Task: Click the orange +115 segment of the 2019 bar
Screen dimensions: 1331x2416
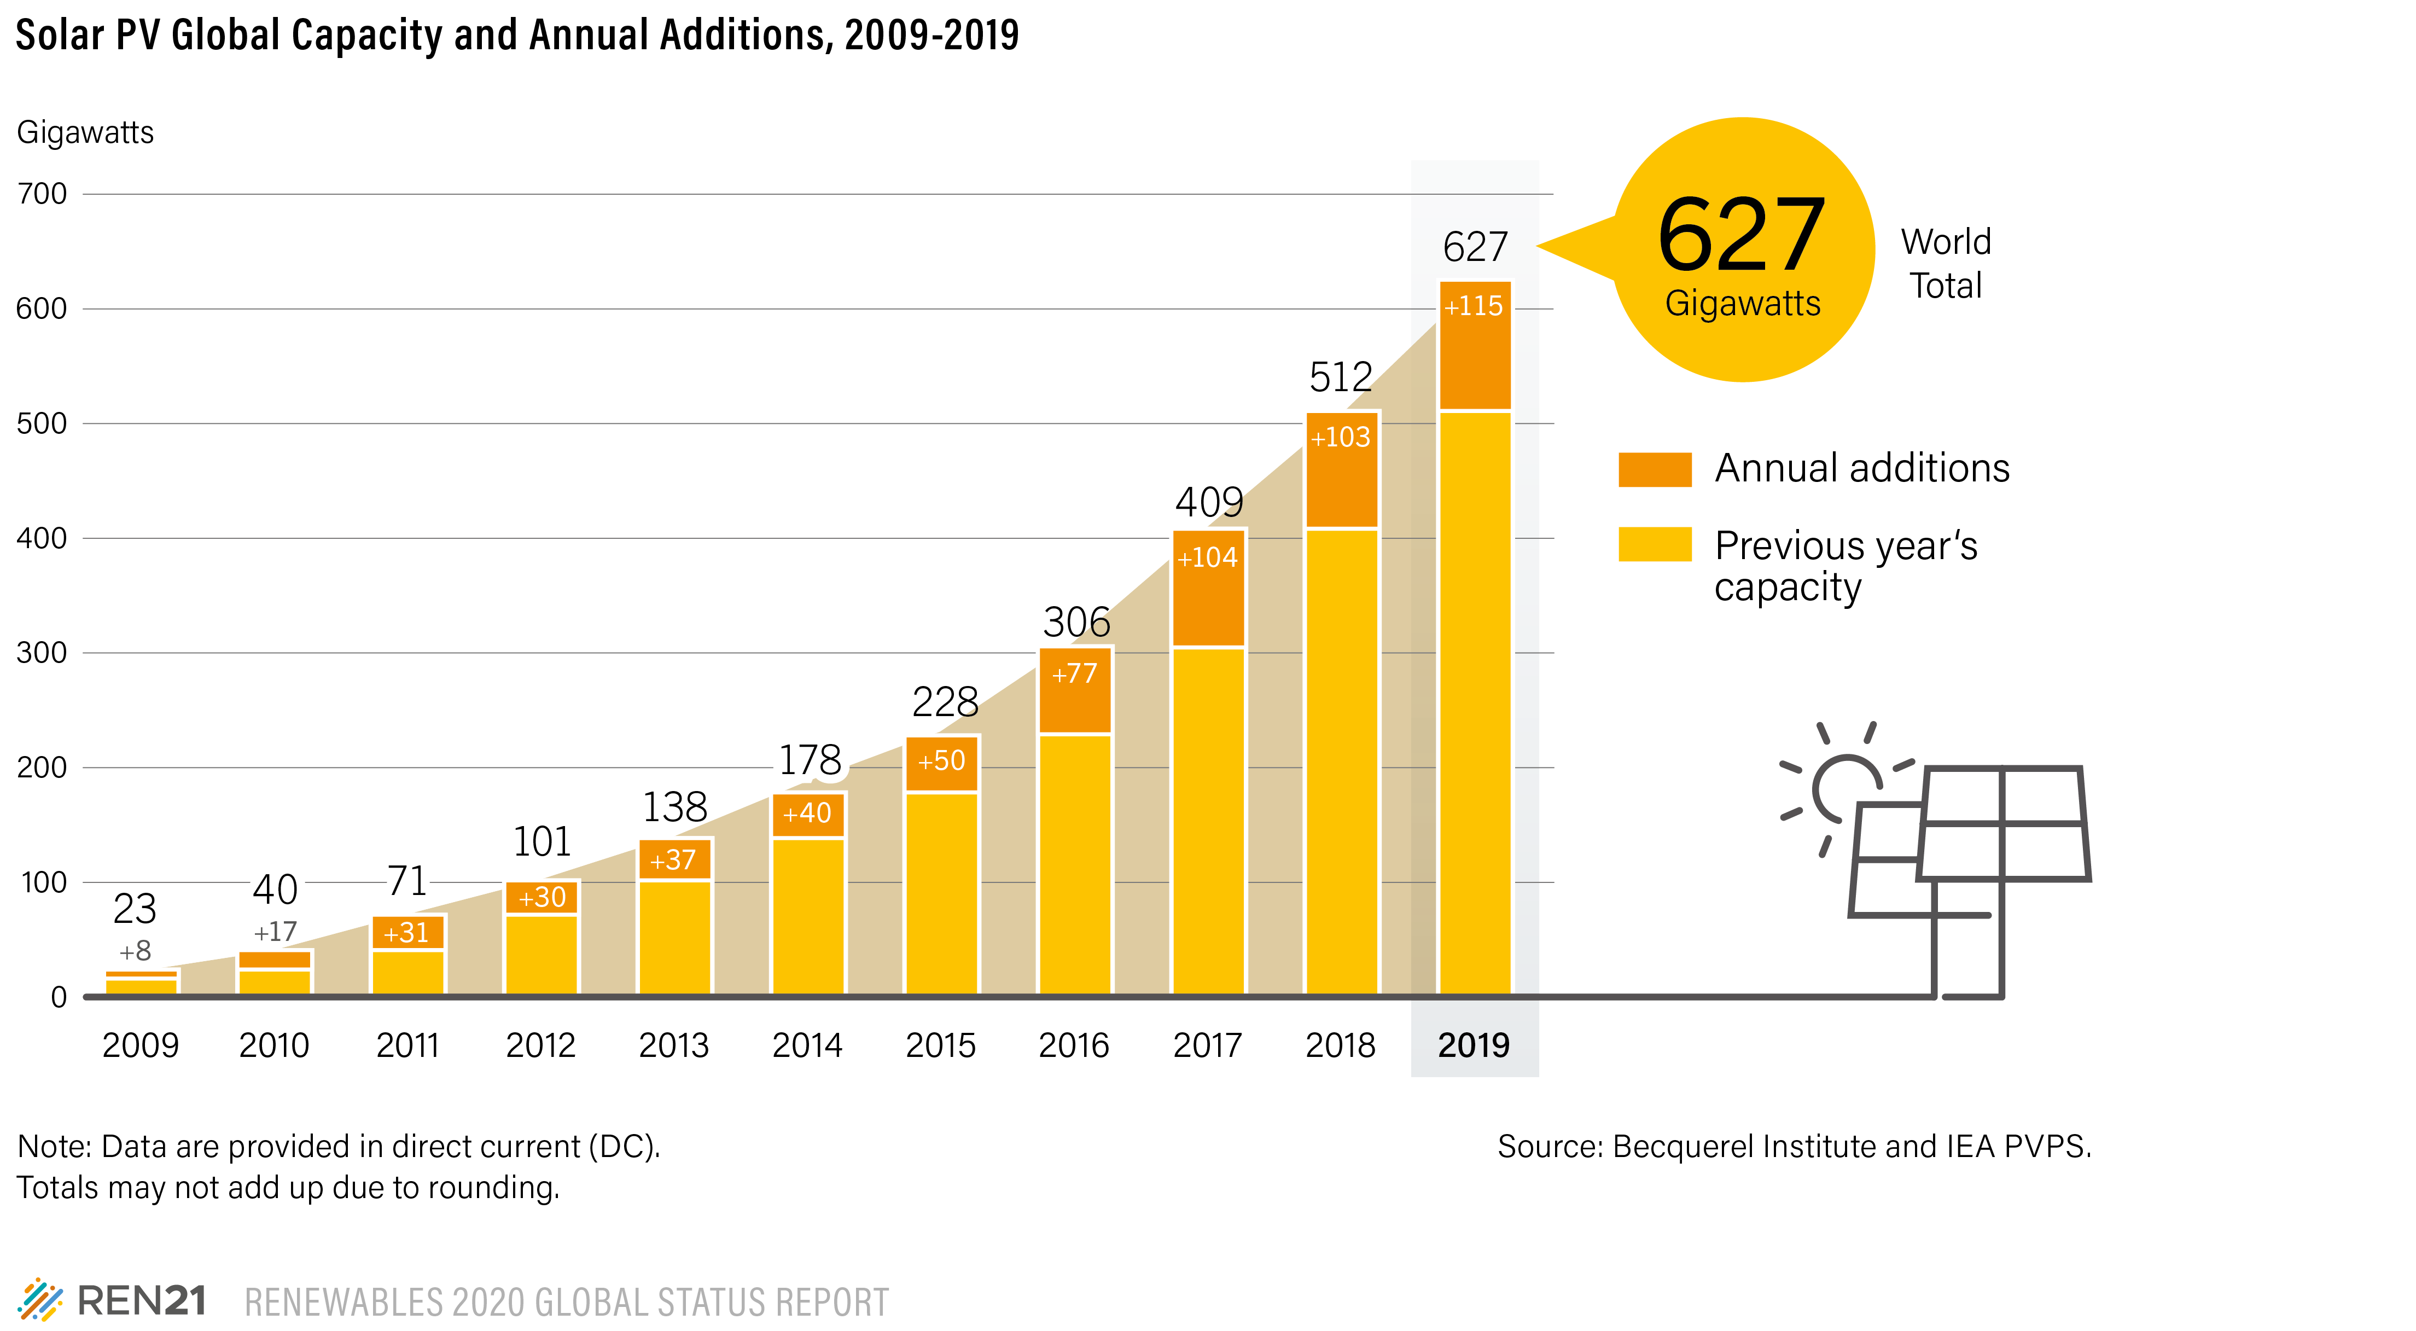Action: click(1474, 345)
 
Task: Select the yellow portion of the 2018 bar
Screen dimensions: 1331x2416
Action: click(1341, 760)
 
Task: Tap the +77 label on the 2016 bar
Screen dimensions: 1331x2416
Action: click(1074, 673)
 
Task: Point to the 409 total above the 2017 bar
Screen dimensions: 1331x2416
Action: click(1209, 502)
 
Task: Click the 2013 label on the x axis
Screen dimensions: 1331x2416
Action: click(673, 1045)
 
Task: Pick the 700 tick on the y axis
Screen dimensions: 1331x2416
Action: click(42, 194)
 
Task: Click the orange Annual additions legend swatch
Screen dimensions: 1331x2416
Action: click(1655, 469)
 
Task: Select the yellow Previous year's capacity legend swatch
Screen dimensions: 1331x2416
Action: click(1655, 544)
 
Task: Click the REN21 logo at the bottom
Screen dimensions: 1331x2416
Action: click(113, 1301)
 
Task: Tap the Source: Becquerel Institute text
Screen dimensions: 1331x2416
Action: click(1793, 1146)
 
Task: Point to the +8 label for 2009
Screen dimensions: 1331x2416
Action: click(135, 951)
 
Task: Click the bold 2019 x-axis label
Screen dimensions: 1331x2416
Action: click(1474, 1045)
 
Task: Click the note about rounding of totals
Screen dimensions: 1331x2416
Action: click(288, 1188)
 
